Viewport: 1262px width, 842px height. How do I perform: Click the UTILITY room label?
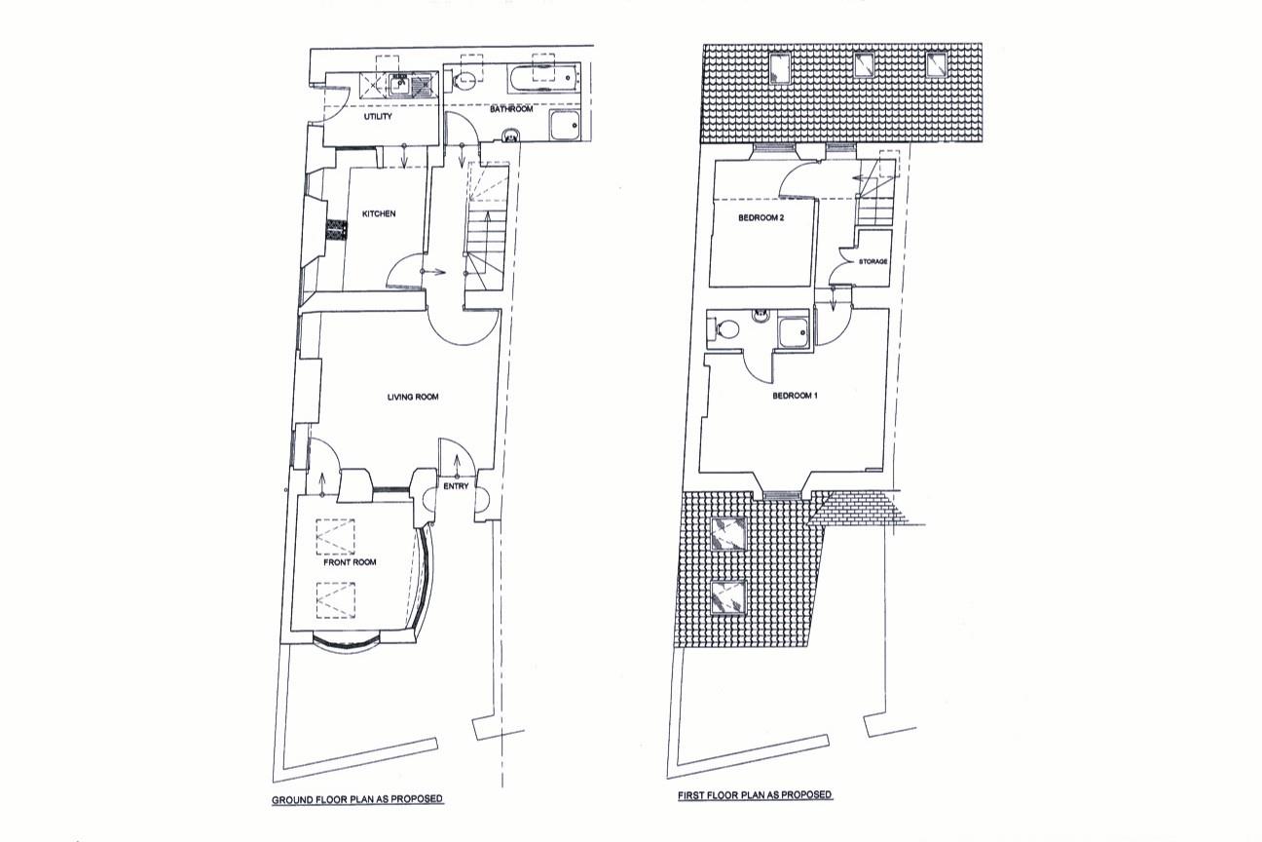pos(377,117)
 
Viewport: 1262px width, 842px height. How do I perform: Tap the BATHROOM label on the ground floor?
pos(510,109)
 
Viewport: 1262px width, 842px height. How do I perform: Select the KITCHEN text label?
pos(379,213)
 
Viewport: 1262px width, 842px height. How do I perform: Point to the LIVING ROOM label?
pos(413,397)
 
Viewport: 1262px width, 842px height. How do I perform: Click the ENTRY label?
pos(456,485)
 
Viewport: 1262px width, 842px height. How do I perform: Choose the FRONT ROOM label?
pos(350,562)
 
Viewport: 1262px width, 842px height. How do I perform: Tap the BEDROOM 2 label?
pos(761,218)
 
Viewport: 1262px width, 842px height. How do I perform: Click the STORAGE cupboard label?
pos(872,262)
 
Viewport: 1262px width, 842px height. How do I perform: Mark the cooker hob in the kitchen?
pos(336,230)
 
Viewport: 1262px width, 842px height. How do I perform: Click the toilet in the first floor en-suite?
pos(724,329)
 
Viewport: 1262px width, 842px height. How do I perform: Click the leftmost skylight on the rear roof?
pos(781,66)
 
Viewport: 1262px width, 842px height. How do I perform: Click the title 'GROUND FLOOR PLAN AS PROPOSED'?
pos(356,799)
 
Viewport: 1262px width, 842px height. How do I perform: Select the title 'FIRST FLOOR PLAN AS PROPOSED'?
pos(755,795)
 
